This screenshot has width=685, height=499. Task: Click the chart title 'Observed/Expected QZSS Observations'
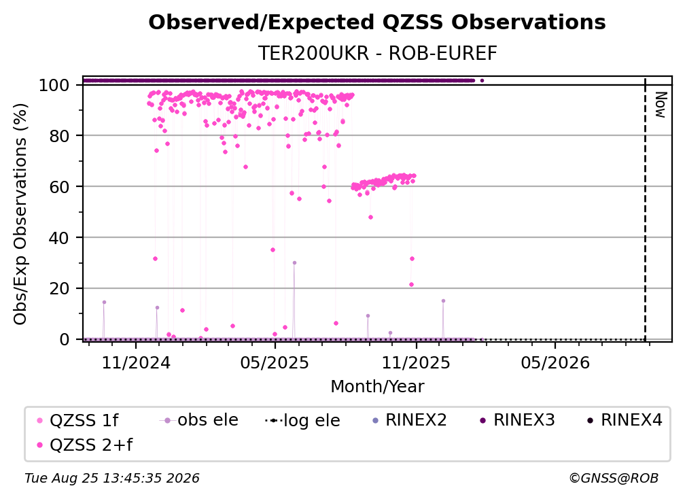tap(377, 22)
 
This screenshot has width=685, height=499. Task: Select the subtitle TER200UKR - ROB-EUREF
tap(377, 54)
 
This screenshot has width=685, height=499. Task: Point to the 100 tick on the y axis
tap(54, 85)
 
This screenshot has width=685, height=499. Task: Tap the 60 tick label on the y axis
tap(59, 187)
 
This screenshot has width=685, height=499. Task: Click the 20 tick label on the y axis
tap(59, 289)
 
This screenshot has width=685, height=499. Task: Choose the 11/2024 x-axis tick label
tap(136, 362)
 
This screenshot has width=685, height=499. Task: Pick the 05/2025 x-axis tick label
tap(275, 362)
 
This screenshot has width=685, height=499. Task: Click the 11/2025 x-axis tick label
tap(416, 362)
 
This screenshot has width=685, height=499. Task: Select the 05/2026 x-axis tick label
tap(555, 362)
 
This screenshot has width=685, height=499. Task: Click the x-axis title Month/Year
tap(377, 387)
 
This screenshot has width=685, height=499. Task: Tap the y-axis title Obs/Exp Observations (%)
tap(20, 214)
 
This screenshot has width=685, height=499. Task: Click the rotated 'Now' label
tap(661, 105)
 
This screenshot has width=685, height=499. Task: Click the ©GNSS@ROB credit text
tap(614, 479)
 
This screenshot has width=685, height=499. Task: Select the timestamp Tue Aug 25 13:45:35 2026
tap(112, 479)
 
